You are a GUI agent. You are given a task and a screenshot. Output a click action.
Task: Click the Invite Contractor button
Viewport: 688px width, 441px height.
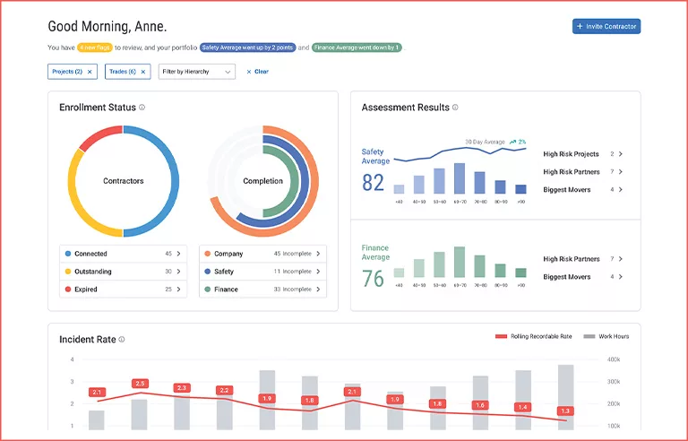[606, 27]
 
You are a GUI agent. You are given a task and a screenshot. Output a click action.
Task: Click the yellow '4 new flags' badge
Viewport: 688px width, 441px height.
[94, 48]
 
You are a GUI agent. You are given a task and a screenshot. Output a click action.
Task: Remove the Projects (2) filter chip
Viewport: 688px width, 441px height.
[90, 72]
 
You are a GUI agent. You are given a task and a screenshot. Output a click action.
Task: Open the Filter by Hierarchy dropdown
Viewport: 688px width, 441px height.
[196, 72]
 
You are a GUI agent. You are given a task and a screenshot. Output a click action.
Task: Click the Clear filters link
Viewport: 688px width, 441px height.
[257, 72]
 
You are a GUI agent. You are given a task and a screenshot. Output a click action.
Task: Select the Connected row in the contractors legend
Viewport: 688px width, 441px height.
[123, 254]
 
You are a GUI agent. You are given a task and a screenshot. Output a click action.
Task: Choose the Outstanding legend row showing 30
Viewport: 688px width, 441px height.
[123, 272]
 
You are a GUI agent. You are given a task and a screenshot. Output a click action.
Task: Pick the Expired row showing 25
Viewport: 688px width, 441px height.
[123, 290]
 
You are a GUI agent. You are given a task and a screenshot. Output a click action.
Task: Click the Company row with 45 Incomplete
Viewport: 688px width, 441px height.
[262, 254]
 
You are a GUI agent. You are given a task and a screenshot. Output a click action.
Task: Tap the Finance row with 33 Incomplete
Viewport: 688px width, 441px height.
[262, 290]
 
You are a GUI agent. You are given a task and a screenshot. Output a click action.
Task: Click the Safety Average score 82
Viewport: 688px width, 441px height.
[373, 183]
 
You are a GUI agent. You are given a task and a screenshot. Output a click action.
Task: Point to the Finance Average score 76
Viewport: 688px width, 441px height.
[373, 279]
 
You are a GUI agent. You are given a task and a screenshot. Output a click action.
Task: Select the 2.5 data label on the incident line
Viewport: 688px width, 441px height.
[140, 384]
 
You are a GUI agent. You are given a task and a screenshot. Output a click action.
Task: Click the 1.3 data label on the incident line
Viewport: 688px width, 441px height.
[565, 411]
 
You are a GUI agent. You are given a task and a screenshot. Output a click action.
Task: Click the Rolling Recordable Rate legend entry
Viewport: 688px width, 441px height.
[534, 337]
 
